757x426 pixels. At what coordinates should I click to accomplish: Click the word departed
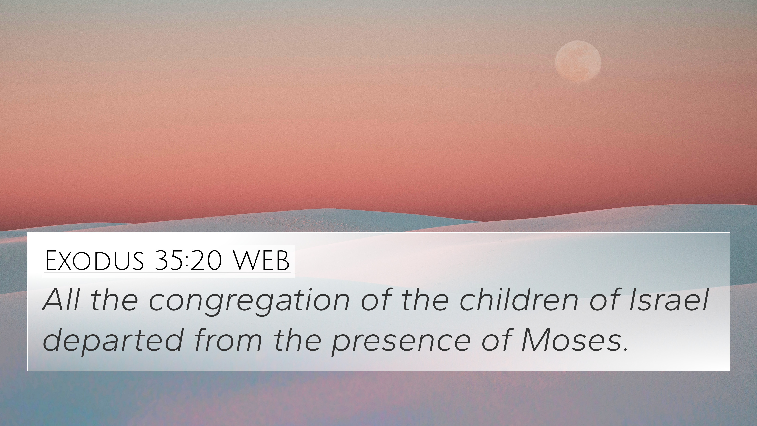pyautogui.click(x=113, y=341)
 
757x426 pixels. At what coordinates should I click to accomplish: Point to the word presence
pyautogui.click(x=401, y=343)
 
